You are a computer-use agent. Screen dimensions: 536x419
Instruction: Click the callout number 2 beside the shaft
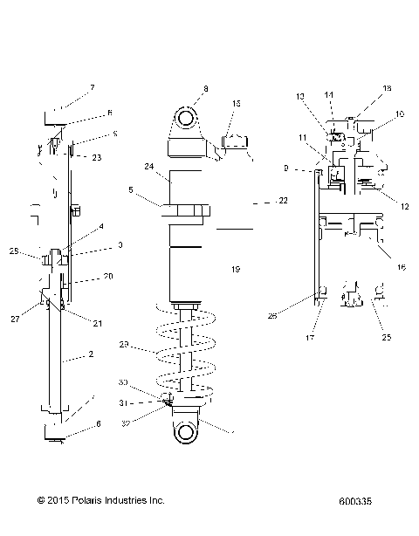(x=89, y=355)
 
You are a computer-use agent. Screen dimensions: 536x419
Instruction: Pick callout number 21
(x=98, y=323)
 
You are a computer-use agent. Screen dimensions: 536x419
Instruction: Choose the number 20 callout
(x=109, y=277)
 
